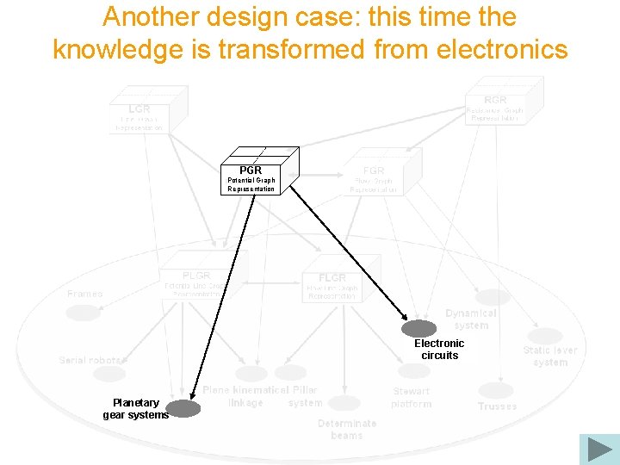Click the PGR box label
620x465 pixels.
pyautogui.click(x=251, y=170)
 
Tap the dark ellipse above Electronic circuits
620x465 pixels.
pyautogui.click(x=419, y=328)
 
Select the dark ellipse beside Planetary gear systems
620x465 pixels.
pyautogui.click(x=183, y=408)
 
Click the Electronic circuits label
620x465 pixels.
pyautogui.click(x=439, y=349)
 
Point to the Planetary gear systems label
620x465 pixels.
pyautogui.click(x=136, y=408)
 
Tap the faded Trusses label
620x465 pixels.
pyautogui.click(x=498, y=406)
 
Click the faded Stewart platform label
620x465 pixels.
pyautogui.click(x=412, y=397)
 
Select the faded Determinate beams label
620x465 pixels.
pyautogui.click(x=347, y=429)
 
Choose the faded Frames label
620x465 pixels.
pyautogui.click(x=84, y=294)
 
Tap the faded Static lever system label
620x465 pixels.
pyautogui.click(x=550, y=356)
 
